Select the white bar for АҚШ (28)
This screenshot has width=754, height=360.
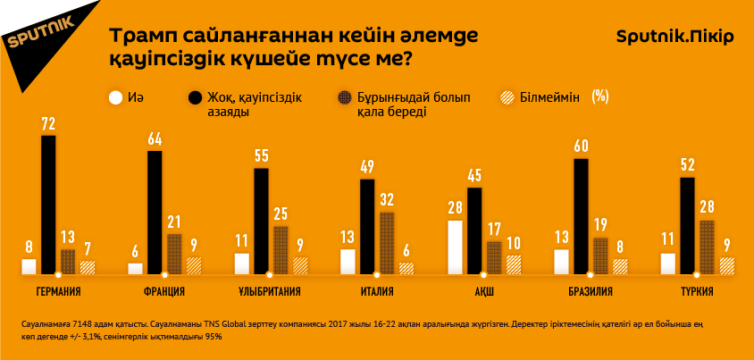[x=455, y=247]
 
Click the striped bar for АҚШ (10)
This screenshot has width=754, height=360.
[x=513, y=264]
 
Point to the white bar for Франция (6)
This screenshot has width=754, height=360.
[x=135, y=268]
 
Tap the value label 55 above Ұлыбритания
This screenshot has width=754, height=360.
[x=262, y=156]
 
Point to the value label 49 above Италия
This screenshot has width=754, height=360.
[x=367, y=167]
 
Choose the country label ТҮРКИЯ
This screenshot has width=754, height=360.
[x=695, y=291]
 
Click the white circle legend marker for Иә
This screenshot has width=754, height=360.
[x=115, y=96]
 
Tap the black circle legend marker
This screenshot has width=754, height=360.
[x=194, y=96]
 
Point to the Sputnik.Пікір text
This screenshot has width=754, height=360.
[x=675, y=37]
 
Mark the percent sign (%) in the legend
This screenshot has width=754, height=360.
[x=599, y=96]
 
